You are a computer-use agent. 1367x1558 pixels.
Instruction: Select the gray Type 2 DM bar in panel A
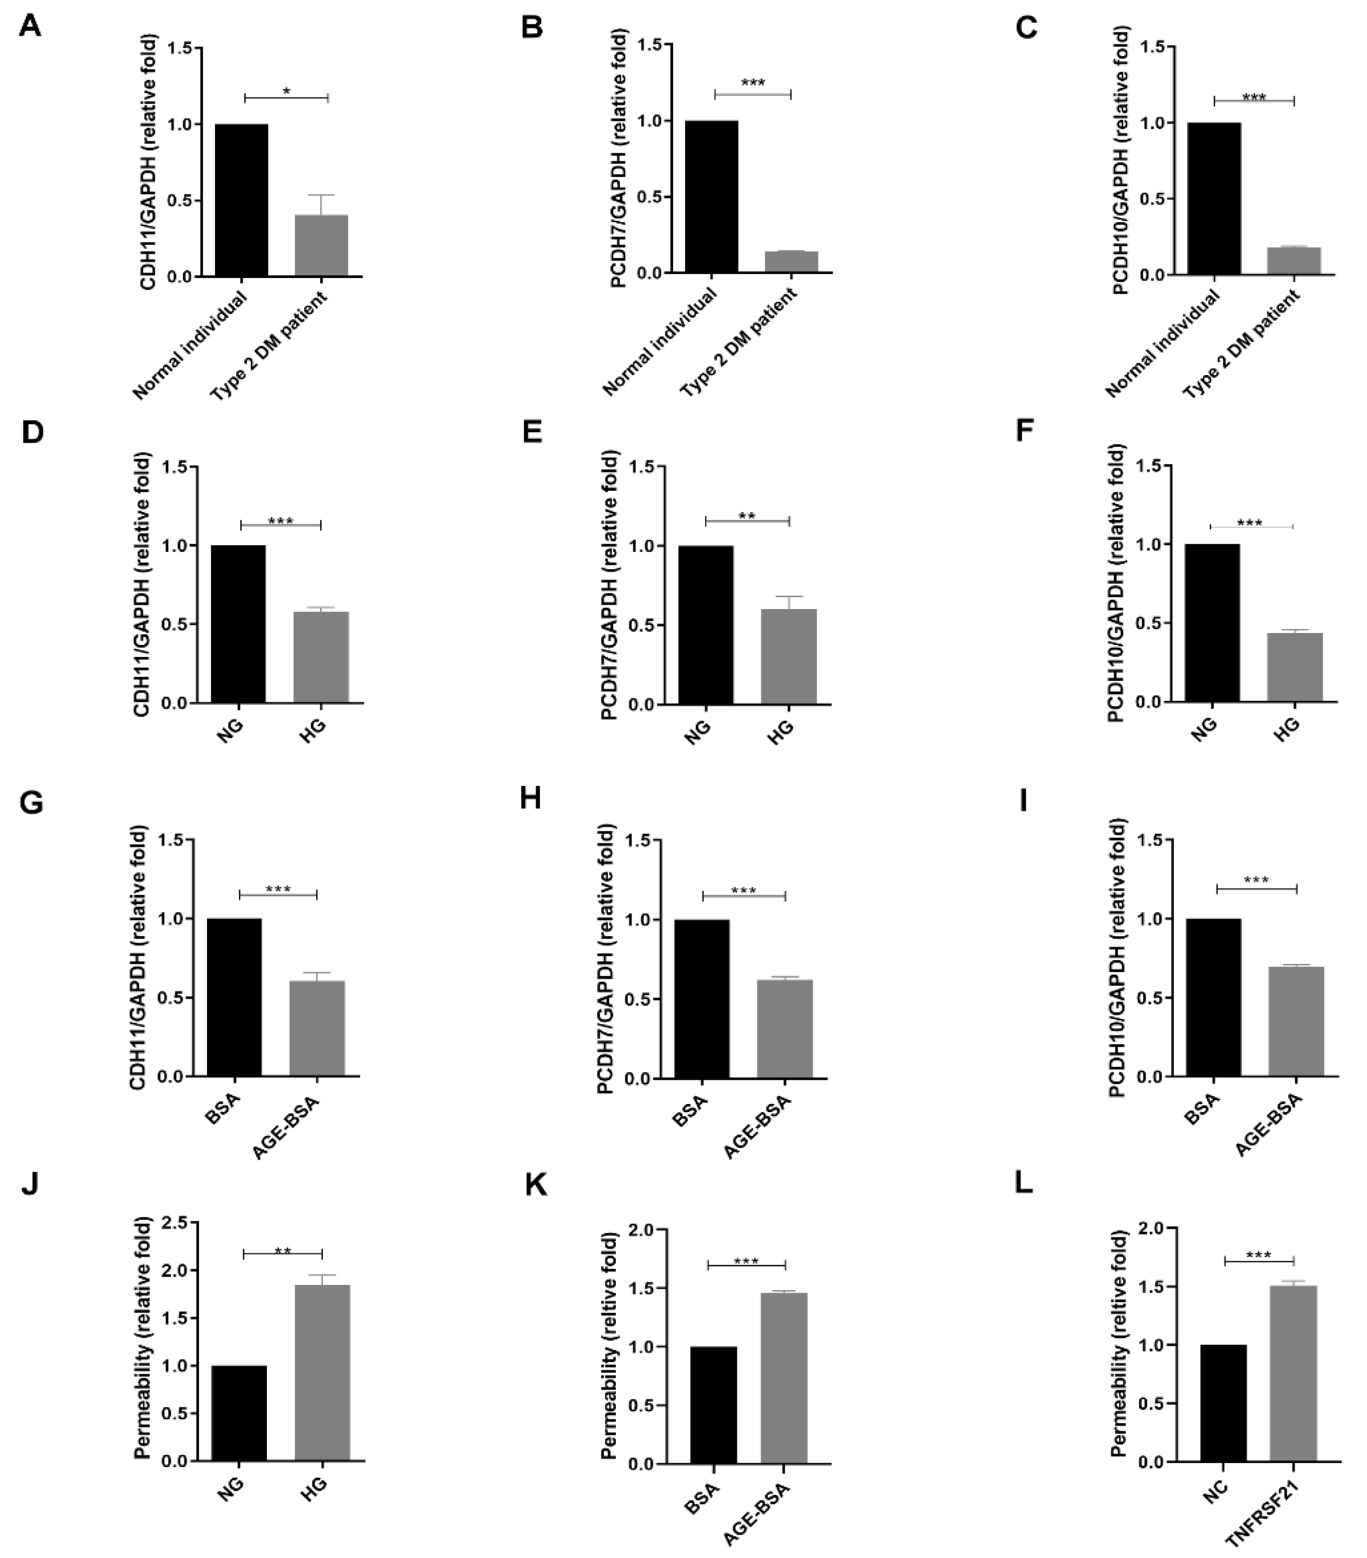[322, 245]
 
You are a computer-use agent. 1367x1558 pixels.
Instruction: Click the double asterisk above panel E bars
[747, 516]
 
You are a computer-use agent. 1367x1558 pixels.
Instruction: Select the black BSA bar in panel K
[713, 1405]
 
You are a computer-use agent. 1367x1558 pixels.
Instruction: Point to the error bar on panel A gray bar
[322, 204]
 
